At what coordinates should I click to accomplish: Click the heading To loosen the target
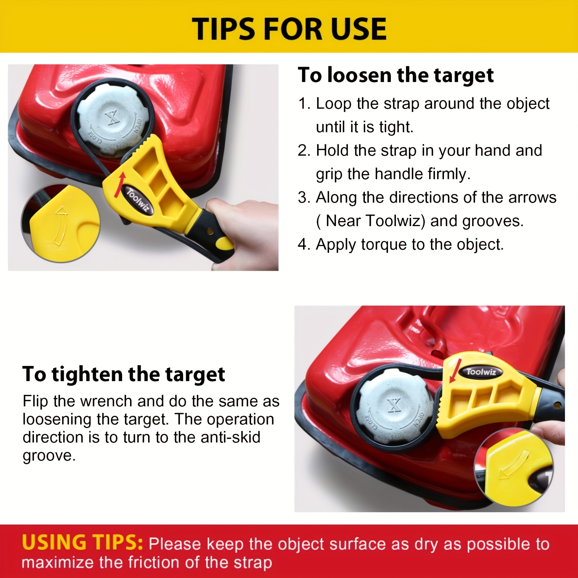click(396, 75)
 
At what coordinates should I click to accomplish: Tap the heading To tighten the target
click(124, 374)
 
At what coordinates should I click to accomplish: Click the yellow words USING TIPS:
click(82, 543)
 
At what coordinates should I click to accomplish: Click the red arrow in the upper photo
click(120, 185)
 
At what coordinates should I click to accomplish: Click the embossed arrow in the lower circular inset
click(514, 466)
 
